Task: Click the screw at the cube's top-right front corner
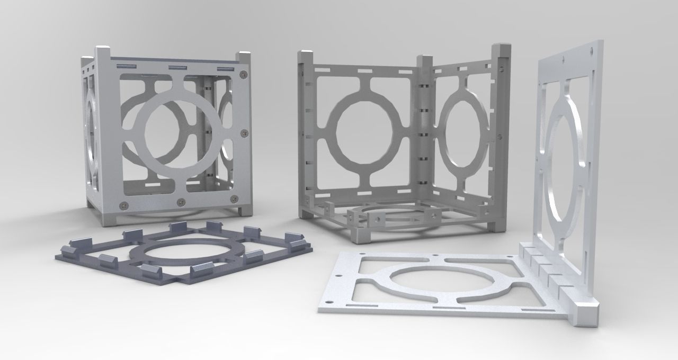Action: click(243, 74)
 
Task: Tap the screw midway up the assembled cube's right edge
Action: click(244, 132)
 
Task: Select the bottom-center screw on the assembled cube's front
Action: click(181, 202)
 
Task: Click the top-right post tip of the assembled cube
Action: click(244, 55)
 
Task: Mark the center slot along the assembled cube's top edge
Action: click(176, 68)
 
